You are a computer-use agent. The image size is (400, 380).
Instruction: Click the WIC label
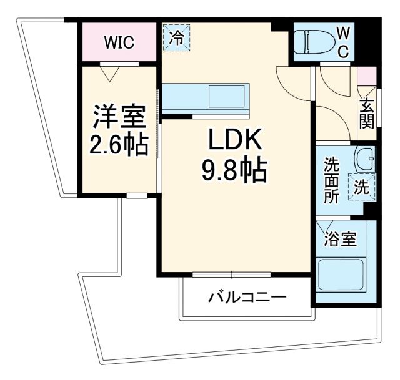pos(119,42)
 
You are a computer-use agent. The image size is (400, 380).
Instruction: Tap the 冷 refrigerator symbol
pos(177,37)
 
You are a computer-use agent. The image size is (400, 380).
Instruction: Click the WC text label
pos(344,42)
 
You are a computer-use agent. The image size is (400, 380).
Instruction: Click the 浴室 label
pos(340,240)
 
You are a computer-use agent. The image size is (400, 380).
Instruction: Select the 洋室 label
pos(119,117)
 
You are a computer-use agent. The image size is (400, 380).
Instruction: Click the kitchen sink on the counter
pos(227,97)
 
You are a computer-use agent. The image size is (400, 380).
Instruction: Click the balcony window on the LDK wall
pos(232,274)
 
